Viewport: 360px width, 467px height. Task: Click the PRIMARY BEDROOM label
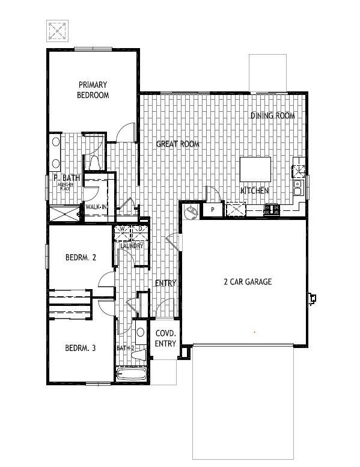tap(93, 90)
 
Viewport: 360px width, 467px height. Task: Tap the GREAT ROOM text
tap(177, 144)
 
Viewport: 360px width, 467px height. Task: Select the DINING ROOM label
tap(272, 115)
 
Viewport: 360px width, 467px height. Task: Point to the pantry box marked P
tap(213, 210)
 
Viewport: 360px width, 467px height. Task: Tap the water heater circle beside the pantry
tap(192, 212)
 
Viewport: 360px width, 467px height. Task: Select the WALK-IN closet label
tap(96, 207)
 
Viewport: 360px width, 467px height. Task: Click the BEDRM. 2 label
tap(81, 258)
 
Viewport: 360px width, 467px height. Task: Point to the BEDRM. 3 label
tap(81, 348)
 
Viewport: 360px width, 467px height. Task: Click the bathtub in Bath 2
tap(132, 375)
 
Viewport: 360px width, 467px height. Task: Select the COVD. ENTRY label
tap(165, 338)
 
